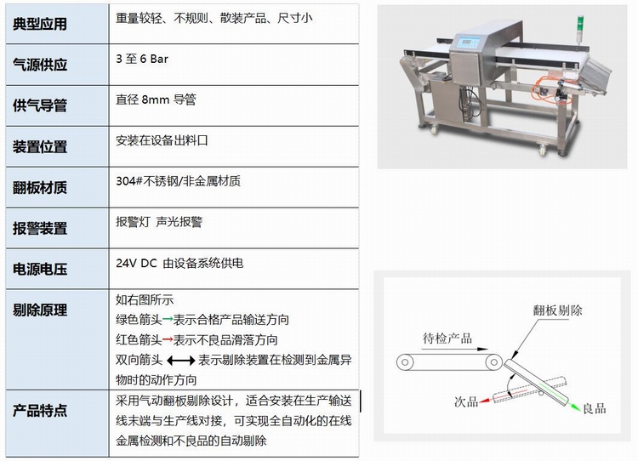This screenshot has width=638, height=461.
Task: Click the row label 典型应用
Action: point(40,24)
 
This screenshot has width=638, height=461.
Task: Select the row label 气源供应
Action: point(40,65)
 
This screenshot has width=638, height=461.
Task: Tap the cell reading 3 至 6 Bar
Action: point(142,59)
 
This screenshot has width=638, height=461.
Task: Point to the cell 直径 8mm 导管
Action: point(156,100)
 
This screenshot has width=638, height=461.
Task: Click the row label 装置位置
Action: point(40,147)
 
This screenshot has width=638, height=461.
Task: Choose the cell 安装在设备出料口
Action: point(162,141)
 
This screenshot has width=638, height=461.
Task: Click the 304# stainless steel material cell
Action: point(179,181)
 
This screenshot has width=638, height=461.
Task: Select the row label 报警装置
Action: point(40,228)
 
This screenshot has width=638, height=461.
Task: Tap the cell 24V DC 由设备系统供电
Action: point(179,264)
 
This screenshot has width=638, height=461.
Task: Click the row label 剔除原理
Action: point(40,310)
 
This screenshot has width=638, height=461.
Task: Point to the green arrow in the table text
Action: point(168,320)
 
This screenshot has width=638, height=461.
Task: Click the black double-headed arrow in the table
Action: point(180,360)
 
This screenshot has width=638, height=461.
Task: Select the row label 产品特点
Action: point(40,411)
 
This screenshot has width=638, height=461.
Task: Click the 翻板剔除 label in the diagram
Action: point(557,310)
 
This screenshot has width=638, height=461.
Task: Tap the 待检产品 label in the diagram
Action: point(447,339)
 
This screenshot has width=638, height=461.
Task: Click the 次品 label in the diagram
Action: point(466,402)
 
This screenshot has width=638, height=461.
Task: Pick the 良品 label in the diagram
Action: point(595,408)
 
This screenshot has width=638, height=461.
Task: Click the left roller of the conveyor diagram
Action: point(405,361)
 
